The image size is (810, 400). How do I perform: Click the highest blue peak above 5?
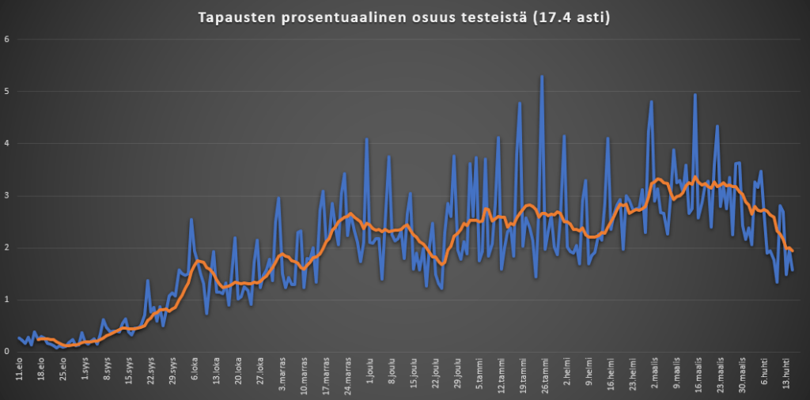point(542,76)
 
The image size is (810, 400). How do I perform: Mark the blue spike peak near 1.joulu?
point(367,139)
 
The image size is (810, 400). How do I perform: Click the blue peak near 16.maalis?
point(695,94)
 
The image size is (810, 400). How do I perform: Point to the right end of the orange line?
point(793,251)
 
